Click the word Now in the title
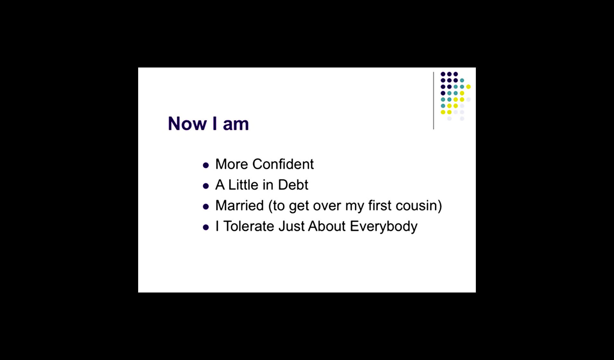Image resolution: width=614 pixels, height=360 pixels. tap(187, 123)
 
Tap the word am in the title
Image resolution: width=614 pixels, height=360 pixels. tap(236, 124)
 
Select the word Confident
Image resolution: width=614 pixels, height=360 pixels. tap(283, 164)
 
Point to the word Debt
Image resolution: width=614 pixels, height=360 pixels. tap(293, 185)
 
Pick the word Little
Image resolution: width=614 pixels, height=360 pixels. tap(243, 185)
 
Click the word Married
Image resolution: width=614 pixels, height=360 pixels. tap(240, 205)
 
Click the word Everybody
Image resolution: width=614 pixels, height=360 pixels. tap(384, 227)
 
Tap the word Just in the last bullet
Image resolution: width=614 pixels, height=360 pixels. tap(291, 226)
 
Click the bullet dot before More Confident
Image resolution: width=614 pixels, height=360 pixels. tap(206, 166)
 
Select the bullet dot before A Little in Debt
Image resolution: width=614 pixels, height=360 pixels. tap(206, 186)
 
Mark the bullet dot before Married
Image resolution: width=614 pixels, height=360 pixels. tap(206, 207)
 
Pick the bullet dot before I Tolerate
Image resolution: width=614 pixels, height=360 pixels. tap(206, 228)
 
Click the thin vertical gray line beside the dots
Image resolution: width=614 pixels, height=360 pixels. tap(433, 101)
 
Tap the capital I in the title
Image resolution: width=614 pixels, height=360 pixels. tap(215, 123)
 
